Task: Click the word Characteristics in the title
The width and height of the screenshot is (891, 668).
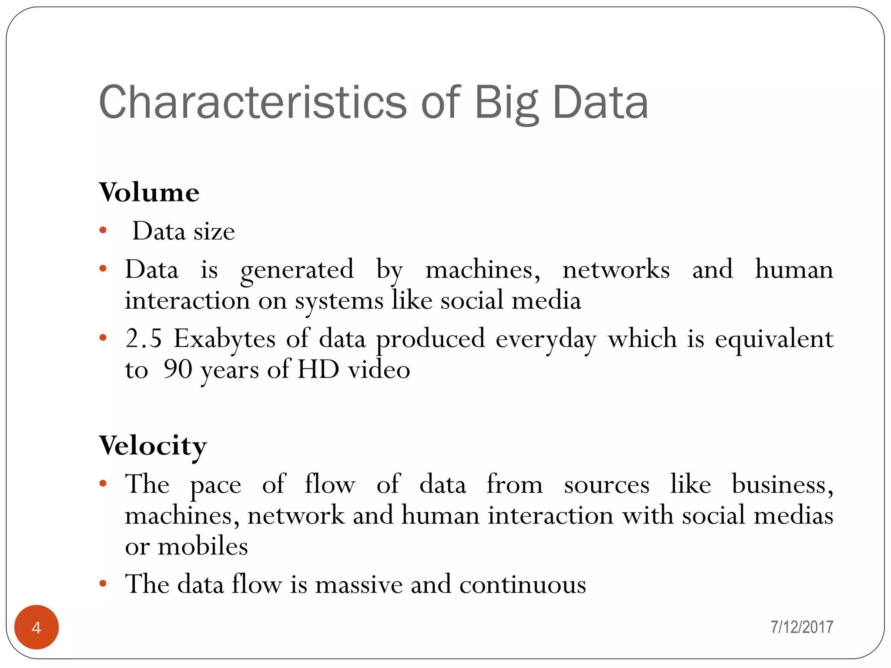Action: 253,103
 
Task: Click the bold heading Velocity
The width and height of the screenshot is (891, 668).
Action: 153,445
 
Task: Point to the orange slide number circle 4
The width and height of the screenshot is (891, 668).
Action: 37,627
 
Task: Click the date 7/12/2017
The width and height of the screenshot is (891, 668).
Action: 802,627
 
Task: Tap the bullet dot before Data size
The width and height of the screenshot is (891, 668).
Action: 103,230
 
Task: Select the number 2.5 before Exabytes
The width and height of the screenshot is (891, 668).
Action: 144,338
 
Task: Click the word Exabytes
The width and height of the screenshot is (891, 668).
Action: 224,339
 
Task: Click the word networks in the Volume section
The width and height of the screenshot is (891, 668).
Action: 616,270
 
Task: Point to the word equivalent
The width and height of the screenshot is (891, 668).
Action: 774,339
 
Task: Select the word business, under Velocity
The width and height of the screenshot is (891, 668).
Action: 782,484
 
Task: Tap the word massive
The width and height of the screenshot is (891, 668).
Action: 359,584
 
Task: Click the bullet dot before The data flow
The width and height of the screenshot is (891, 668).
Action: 103,583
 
